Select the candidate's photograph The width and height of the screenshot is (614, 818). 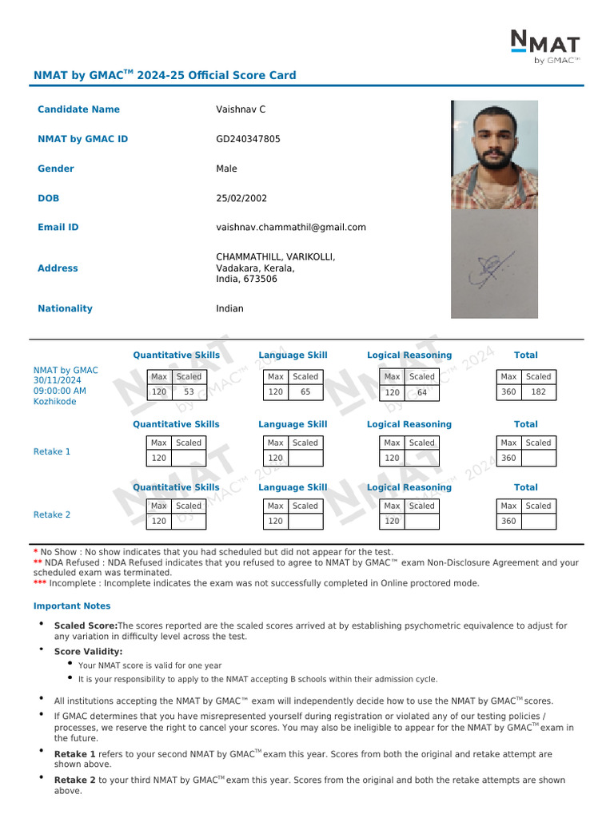[494, 154]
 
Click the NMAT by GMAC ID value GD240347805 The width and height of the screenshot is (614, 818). [248, 139]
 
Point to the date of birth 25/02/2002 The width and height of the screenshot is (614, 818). [241, 198]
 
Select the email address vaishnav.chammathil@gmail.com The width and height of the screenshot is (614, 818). [291, 227]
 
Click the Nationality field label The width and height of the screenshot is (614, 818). [65, 308]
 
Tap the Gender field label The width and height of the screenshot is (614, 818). [56, 169]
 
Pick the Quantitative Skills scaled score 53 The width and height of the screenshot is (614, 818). [189, 392]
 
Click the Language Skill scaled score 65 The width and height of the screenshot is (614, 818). [305, 392]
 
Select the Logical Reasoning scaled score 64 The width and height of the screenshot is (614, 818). [422, 393]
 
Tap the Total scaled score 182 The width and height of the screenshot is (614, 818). [538, 392]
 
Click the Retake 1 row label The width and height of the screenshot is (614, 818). [52, 451]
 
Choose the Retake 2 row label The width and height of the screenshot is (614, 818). [52, 514]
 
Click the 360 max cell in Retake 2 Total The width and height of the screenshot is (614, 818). [508, 521]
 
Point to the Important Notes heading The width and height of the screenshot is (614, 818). [72, 606]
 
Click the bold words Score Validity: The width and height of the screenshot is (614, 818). [88, 652]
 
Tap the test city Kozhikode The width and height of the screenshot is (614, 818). [55, 402]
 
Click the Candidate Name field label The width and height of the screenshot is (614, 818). [78, 109]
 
